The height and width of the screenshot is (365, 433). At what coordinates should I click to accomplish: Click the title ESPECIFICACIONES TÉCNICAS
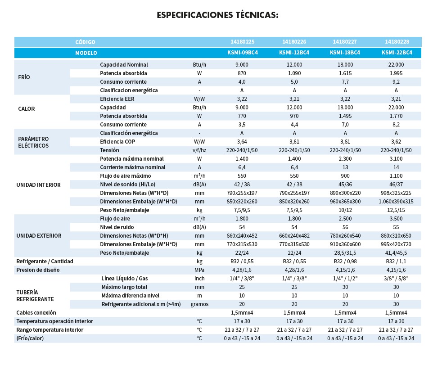coord(217,15)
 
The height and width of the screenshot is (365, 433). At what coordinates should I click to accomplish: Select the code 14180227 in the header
coord(345,42)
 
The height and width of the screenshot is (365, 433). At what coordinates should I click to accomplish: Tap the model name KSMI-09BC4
coord(243,53)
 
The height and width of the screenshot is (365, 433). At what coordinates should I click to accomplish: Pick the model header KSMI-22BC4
coord(397,53)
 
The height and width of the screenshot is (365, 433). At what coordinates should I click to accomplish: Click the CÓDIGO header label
coord(85,42)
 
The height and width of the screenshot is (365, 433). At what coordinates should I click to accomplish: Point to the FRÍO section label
coord(24,77)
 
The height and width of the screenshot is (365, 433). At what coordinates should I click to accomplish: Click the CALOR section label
coord(26,108)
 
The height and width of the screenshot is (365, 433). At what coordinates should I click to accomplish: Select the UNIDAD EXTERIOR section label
coord(39,235)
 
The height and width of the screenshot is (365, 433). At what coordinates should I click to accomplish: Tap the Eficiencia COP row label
coord(118,141)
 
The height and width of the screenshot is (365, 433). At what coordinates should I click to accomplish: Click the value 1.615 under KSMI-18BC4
coord(345,73)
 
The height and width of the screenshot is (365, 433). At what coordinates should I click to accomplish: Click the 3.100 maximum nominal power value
coord(396,159)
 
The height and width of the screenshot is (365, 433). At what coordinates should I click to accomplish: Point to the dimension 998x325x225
coord(396,193)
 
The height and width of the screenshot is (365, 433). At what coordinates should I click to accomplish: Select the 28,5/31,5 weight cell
coord(345,252)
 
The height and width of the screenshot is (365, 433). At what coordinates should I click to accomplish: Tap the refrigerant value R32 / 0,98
coord(345,261)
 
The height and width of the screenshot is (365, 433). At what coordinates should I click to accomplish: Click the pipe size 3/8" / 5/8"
coord(396,279)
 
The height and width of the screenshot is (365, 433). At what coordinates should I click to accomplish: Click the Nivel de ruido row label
coord(117,227)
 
